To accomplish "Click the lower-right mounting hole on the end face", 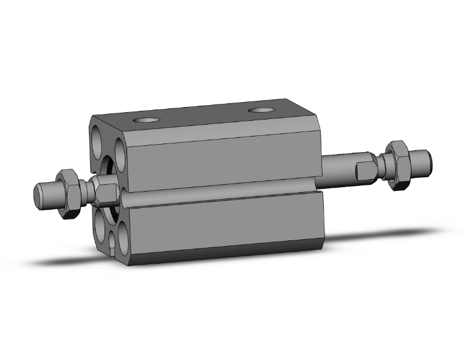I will pyautogui.click(x=125, y=238).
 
